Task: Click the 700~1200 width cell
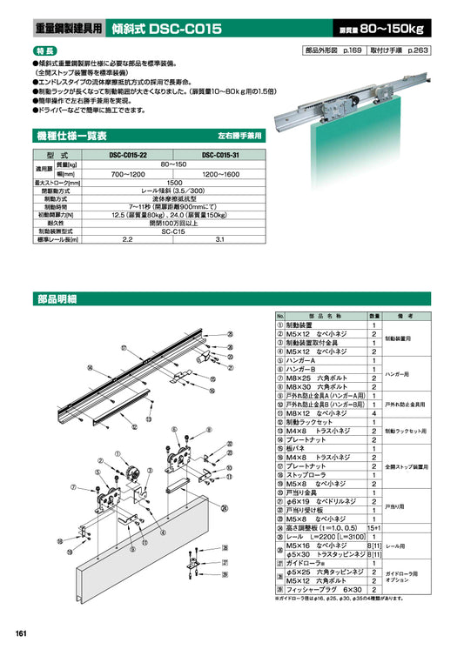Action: click(x=127, y=174)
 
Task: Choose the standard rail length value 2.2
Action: click(x=127, y=239)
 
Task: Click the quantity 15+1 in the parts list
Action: click(x=373, y=528)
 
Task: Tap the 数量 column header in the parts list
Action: click(x=373, y=316)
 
